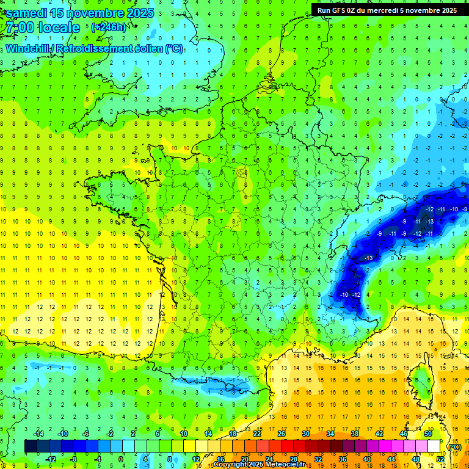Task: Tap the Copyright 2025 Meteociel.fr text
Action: [259, 465]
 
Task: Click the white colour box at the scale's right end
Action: [434, 446]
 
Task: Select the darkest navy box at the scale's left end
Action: [31, 446]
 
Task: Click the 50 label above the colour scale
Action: [427, 434]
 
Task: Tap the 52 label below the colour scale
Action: [440, 459]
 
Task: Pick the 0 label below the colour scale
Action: [121, 459]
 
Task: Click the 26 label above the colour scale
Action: [281, 434]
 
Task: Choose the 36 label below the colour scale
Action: [342, 459]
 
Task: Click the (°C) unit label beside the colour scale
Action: [454, 447]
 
